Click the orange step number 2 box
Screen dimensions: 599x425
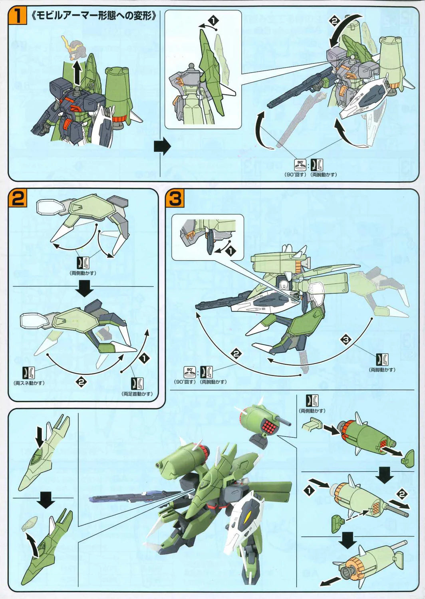click(x=18, y=198)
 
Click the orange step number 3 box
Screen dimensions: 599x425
click(x=175, y=198)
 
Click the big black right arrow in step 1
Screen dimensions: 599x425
click(x=162, y=147)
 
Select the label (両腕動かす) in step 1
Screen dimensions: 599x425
click(x=324, y=175)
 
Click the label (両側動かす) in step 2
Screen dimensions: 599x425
click(x=83, y=273)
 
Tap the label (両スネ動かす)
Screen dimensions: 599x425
click(x=29, y=383)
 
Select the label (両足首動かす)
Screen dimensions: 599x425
click(x=137, y=394)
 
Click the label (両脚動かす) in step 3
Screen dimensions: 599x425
click(x=382, y=370)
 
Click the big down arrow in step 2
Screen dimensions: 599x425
click(x=85, y=288)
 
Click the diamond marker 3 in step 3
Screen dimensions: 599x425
click(x=346, y=340)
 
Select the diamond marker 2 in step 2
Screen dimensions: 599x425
click(x=81, y=382)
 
